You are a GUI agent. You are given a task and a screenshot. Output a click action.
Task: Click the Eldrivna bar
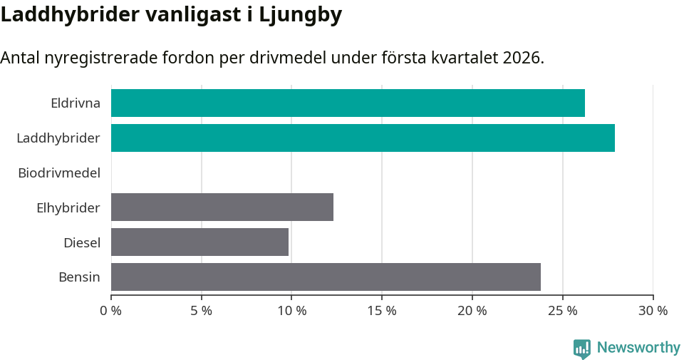(348, 103)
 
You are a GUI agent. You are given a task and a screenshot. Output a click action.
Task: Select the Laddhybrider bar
(363, 138)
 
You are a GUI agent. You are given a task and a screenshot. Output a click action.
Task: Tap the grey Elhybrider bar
(222, 207)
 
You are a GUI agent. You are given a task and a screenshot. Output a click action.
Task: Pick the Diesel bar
(199, 242)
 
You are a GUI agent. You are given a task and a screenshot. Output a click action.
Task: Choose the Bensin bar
(326, 277)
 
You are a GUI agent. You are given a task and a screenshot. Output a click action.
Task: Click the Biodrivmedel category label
(59, 173)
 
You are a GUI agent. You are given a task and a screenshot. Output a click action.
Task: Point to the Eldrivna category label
(76, 103)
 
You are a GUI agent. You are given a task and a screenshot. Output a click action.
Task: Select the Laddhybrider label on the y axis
(58, 138)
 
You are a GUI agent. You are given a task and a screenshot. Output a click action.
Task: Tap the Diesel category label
(82, 242)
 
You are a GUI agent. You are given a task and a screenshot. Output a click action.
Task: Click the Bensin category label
(79, 277)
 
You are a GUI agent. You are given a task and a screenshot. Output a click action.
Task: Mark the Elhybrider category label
(68, 207)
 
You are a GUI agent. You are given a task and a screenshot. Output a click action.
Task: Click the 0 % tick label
(111, 311)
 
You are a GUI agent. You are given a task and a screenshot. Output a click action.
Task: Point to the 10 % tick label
(291, 311)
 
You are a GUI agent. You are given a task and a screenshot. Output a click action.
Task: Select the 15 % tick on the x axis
(382, 311)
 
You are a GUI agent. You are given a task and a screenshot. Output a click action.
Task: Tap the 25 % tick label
(563, 311)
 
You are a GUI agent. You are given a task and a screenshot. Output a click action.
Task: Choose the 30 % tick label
(653, 311)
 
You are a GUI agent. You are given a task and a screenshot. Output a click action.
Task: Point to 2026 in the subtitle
(522, 58)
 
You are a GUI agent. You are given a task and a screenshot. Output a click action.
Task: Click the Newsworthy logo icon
(582, 348)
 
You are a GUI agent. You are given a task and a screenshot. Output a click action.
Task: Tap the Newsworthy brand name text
(638, 348)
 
